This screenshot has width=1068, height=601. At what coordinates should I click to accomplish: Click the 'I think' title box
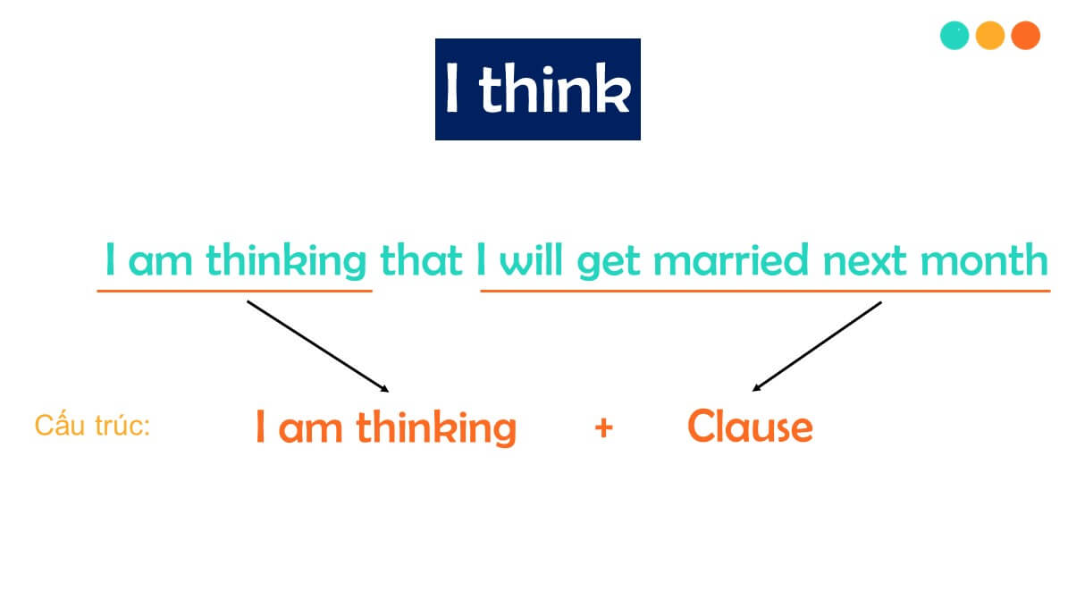[537, 89]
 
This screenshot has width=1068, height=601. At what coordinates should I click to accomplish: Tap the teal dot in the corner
[954, 36]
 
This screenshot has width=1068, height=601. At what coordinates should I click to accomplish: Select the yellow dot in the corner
[990, 36]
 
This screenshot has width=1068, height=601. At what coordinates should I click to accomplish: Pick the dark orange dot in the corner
[1025, 36]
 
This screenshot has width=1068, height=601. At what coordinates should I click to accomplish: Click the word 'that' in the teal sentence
[421, 260]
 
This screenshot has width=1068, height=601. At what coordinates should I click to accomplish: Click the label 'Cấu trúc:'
[92, 426]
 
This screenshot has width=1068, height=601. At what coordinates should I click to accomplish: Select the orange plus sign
[603, 427]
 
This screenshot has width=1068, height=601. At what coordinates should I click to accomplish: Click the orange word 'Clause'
[750, 427]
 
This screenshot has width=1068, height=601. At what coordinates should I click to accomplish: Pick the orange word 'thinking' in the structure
[436, 427]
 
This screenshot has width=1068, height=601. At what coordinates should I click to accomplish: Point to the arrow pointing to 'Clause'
[817, 346]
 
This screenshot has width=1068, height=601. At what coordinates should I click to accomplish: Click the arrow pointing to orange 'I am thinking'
[317, 346]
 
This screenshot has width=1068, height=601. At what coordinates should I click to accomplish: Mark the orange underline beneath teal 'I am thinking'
[234, 291]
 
